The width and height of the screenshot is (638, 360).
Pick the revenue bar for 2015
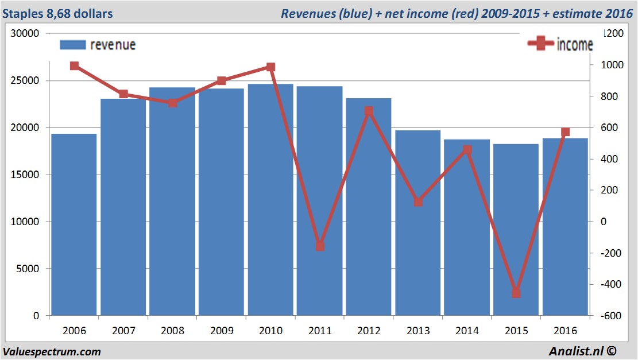point(516,230)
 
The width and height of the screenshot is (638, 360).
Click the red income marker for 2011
point(320,246)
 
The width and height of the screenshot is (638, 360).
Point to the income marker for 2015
point(516,293)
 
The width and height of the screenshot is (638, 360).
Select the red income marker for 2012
point(369,111)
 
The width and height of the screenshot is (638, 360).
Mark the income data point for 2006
point(74,65)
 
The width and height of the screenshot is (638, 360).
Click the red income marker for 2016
point(565,132)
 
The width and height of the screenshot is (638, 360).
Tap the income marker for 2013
point(418,202)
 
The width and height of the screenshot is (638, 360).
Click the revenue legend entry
point(98,45)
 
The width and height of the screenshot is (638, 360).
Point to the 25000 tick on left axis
point(25,80)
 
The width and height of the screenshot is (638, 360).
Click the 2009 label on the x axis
point(221,331)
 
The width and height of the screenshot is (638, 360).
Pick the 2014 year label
point(467,331)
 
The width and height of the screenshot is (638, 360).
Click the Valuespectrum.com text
point(52,351)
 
